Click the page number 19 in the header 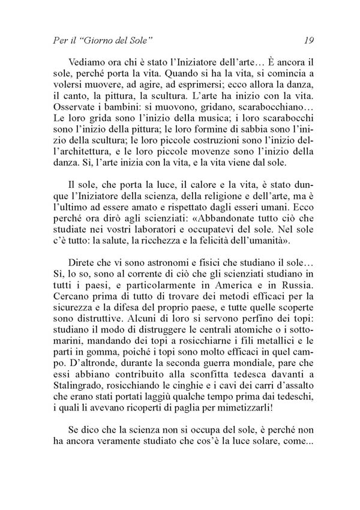coord(310,41)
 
